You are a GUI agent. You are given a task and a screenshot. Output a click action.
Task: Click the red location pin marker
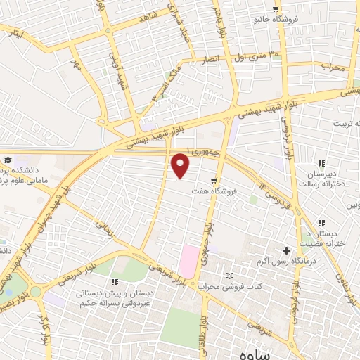tap(181, 165)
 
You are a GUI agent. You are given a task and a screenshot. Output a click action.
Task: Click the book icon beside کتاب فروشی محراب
tap(228, 276)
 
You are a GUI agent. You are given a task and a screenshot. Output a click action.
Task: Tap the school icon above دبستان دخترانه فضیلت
tap(322, 223)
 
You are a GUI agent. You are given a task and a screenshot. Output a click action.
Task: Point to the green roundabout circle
tap(34, 290)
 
